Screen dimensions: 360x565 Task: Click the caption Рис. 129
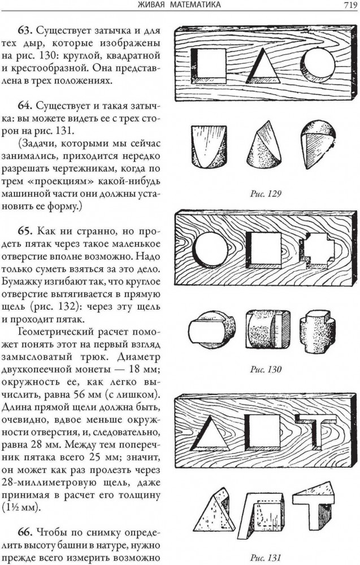[x=266, y=194]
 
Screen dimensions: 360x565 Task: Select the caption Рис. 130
[x=266, y=370]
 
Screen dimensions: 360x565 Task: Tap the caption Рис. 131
[x=266, y=558]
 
